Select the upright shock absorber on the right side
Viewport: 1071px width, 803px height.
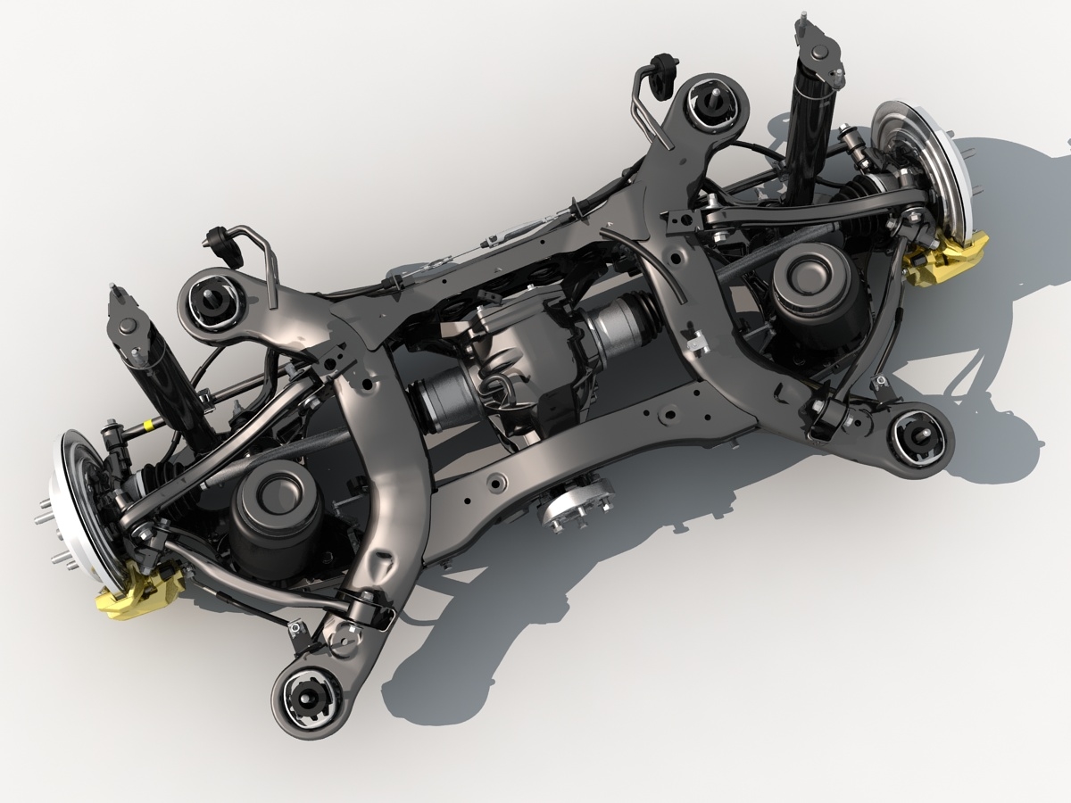click(810, 107)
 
